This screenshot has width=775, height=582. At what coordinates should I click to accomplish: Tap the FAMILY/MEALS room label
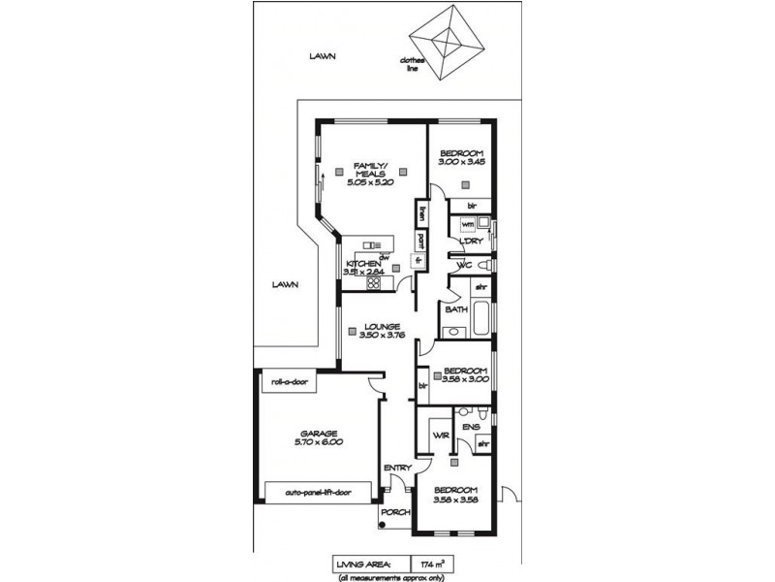click(x=373, y=169)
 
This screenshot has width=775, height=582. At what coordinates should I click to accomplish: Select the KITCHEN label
click(x=362, y=264)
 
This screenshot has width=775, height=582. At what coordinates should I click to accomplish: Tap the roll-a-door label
click(x=289, y=382)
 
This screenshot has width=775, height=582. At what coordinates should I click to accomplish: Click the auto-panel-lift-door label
click(x=318, y=493)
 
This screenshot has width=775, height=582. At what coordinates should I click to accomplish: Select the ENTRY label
click(x=397, y=469)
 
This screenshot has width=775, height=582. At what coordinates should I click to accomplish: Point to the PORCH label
click(x=392, y=512)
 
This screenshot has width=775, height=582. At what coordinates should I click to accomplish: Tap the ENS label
click(x=471, y=427)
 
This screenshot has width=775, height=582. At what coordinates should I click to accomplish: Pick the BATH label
click(x=455, y=310)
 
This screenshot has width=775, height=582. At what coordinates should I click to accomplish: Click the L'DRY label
click(x=471, y=241)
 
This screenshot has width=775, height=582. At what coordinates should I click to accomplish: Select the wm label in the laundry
click(x=468, y=224)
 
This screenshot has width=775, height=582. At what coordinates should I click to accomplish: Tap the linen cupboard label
click(x=421, y=211)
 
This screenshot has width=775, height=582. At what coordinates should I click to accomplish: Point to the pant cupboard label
click(x=421, y=239)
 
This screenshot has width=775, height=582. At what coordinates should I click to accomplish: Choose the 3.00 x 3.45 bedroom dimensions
click(x=461, y=165)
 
